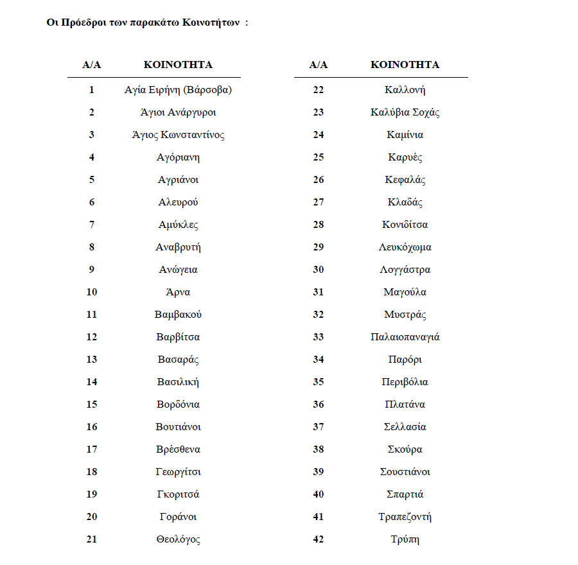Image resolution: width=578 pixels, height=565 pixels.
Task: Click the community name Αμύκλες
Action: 178,225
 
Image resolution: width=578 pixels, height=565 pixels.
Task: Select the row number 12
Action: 92,337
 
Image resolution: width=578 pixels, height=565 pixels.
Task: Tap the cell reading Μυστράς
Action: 405,315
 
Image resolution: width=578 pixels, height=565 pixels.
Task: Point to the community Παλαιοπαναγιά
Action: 405,337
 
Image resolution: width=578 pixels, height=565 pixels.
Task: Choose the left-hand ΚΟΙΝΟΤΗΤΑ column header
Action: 178,65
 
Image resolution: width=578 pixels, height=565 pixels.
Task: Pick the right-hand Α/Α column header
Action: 319,65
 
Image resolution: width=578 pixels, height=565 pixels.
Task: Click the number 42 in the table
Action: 319,539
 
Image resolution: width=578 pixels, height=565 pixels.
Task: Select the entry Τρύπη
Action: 405,539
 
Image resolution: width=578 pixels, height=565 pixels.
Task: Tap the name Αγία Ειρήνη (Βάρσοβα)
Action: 178,90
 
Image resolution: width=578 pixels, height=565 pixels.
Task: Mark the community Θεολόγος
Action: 178,539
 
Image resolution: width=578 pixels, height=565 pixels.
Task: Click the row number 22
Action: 319,90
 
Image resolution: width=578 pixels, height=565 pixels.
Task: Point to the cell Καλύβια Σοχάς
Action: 405,112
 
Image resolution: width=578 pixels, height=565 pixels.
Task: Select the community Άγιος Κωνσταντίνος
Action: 178,135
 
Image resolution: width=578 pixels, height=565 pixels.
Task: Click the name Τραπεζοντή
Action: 405,517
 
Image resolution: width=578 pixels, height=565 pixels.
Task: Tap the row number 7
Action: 92,225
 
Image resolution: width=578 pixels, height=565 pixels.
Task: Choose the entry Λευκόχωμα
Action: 405,247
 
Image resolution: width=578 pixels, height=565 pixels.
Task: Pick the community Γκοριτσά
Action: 178,494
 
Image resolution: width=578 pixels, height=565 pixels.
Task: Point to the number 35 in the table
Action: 319,382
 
